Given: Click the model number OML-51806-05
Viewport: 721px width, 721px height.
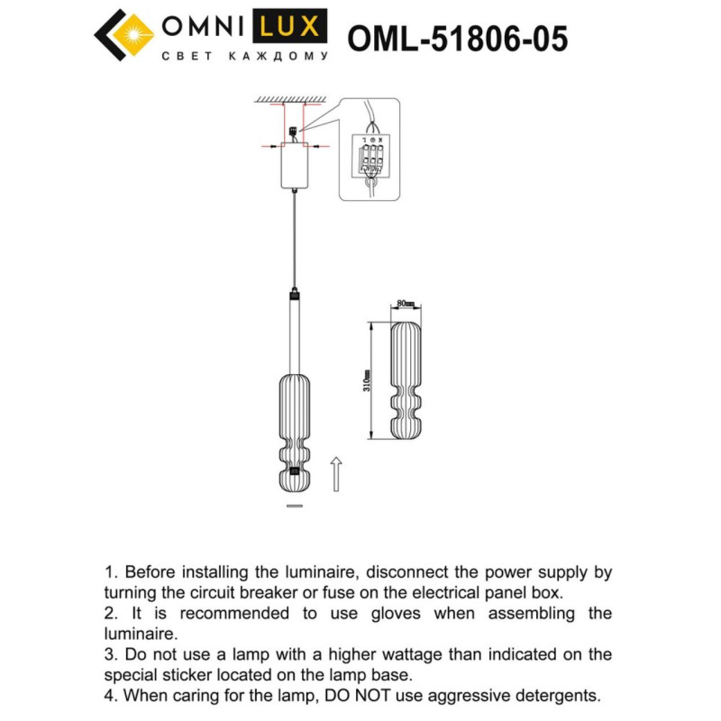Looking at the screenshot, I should pos(457,39).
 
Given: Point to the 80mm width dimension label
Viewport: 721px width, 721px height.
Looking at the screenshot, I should pos(405,304).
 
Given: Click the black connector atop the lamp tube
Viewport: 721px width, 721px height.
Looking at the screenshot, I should pos(293,294).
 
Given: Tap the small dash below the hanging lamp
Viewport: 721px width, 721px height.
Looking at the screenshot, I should pos(293,507).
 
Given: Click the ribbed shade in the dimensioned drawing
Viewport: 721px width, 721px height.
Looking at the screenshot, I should pos(406,379).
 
